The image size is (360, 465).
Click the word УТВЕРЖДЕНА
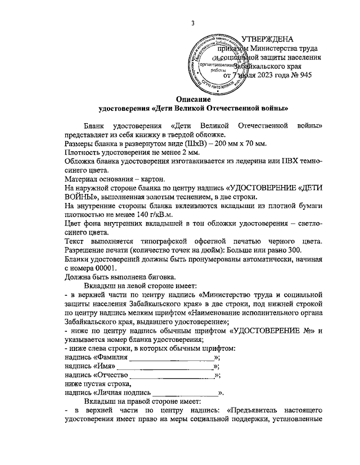[267, 39]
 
